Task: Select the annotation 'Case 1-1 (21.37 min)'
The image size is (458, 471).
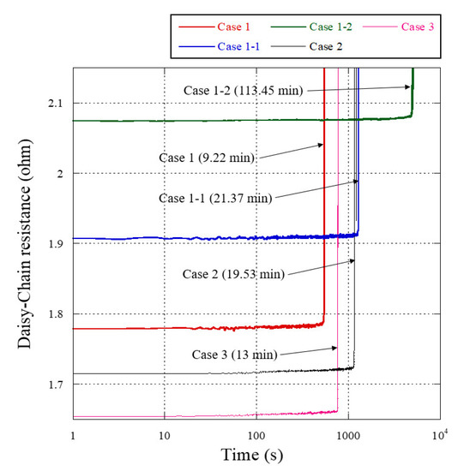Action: point(215,198)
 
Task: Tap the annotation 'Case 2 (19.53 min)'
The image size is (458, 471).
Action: point(234,274)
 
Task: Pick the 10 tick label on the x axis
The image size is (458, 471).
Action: point(164,435)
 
